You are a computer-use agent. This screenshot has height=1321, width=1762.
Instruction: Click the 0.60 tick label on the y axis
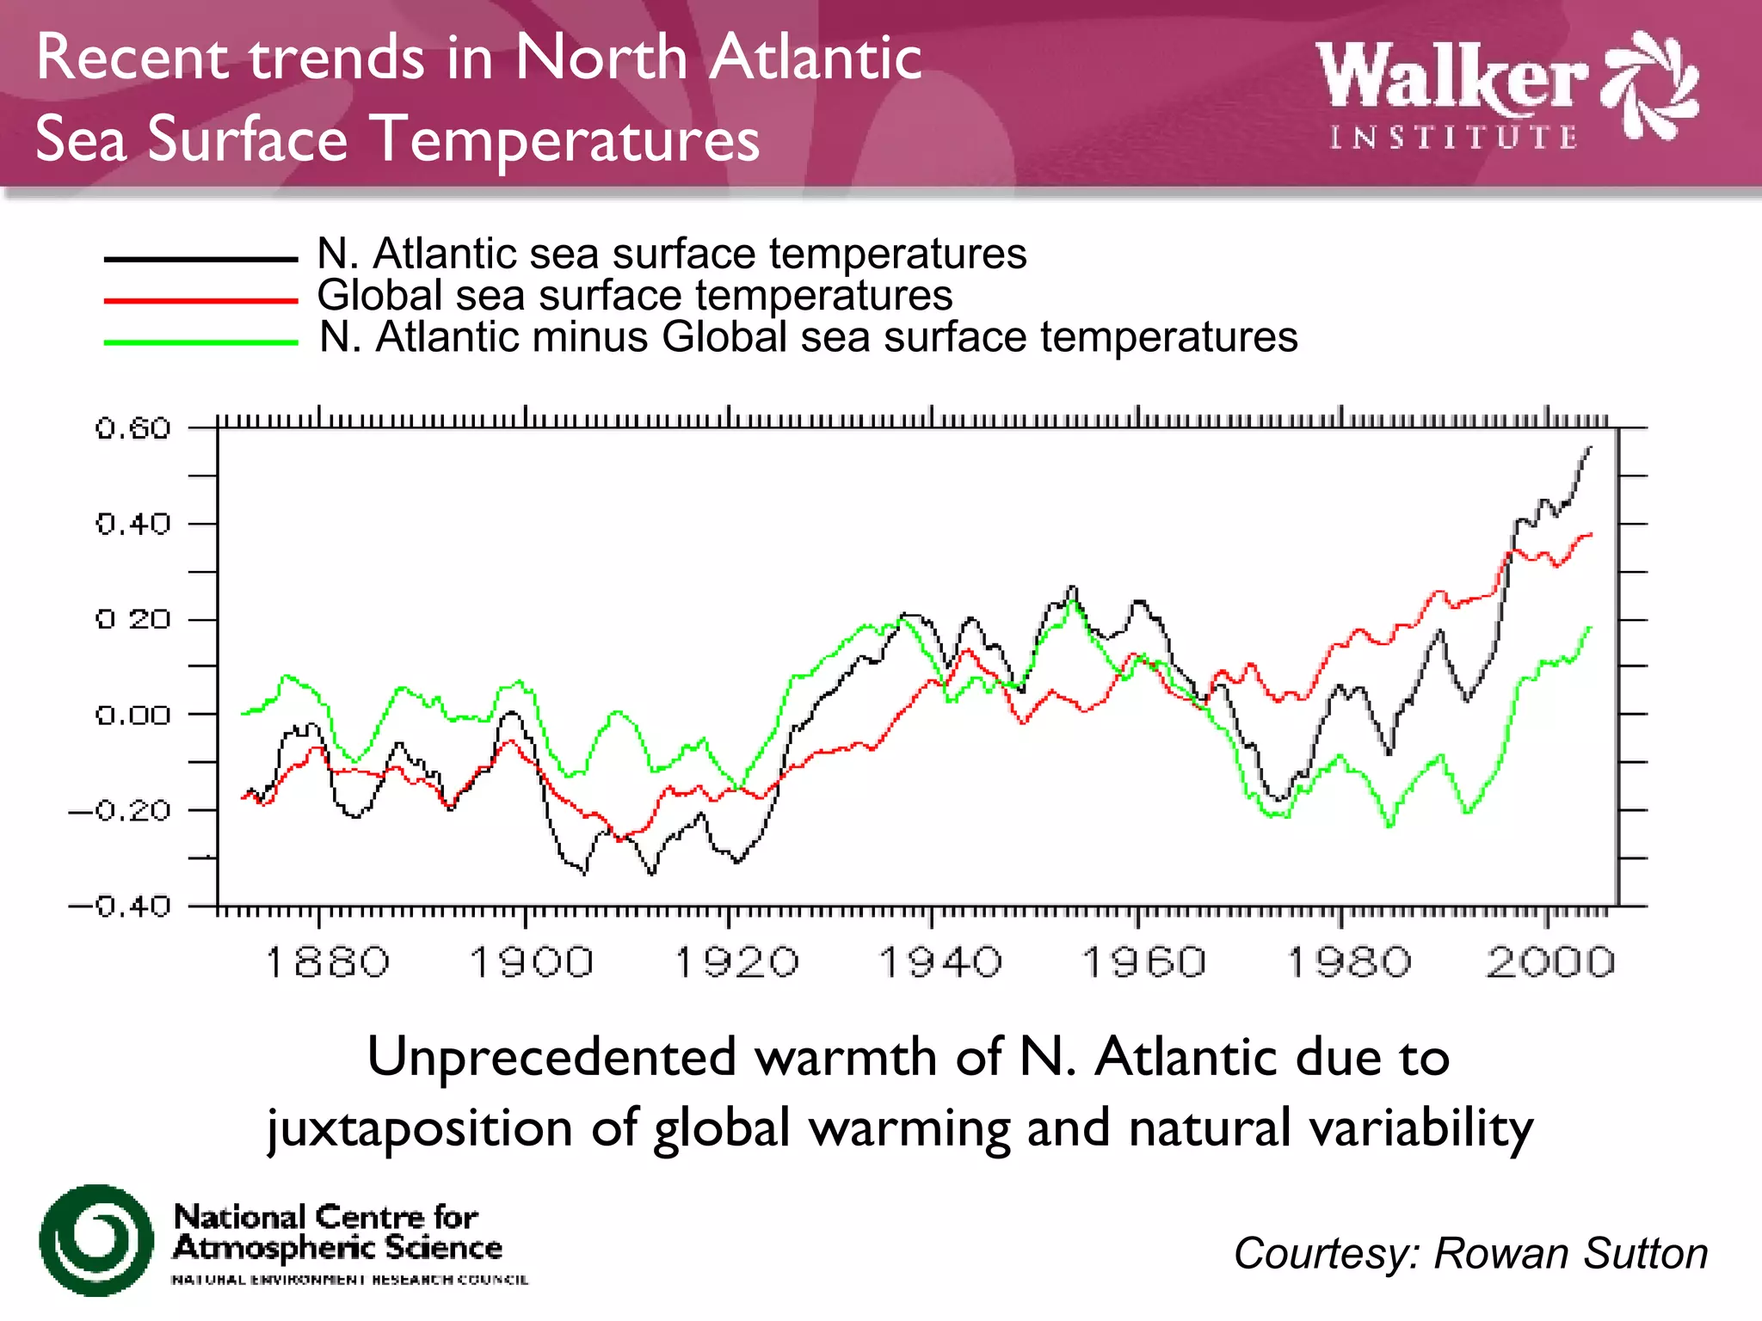[x=133, y=428]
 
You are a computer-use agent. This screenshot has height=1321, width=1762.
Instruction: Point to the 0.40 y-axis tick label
[x=133, y=524]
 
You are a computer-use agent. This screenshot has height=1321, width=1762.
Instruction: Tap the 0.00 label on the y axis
[x=133, y=715]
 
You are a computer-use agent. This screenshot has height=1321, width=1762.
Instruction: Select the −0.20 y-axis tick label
[x=120, y=810]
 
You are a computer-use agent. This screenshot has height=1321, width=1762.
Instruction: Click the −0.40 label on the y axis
[x=120, y=906]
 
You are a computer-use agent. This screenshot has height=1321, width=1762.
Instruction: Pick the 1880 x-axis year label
[x=327, y=962]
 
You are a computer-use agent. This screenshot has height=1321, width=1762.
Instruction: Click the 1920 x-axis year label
[x=736, y=962]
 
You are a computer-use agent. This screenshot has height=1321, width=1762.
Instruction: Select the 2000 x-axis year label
[x=1550, y=962]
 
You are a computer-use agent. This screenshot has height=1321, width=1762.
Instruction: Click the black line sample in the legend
[x=200, y=258]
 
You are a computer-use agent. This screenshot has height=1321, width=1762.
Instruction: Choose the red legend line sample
[x=200, y=300]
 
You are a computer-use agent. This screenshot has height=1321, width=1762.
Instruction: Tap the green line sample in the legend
[x=200, y=342]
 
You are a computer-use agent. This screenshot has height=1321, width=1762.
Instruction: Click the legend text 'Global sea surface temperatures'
[x=635, y=295]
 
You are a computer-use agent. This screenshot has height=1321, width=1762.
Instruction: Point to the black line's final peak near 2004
[x=1589, y=448]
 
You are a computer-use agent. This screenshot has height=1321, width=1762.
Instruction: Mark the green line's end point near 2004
[x=1590, y=628]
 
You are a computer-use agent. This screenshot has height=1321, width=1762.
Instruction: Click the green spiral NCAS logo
[x=96, y=1239]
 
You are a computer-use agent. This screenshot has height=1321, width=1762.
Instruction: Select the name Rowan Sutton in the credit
[x=1570, y=1253]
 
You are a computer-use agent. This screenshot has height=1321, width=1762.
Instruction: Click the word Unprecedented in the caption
[x=551, y=1056]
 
